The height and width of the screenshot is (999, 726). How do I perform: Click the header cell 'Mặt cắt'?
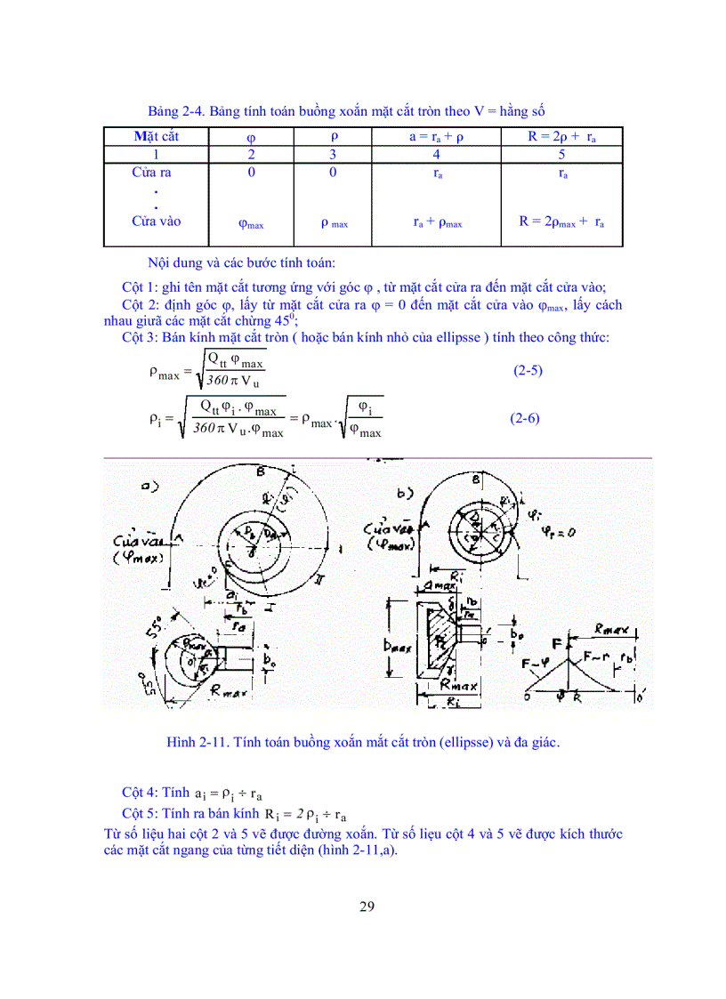pos(156,136)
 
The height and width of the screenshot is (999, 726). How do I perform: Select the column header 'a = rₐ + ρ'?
pos(436,136)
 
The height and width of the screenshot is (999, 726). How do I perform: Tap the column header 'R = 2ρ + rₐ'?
pos(561,136)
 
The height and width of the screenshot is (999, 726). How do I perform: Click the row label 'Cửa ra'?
pos(151,173)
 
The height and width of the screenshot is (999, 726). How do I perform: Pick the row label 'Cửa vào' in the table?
pos(156,221)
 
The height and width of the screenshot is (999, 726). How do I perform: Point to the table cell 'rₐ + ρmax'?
pos(437,222)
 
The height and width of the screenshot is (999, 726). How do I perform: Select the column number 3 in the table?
pos(333,154)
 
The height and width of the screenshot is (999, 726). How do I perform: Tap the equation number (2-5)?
pos(528,370)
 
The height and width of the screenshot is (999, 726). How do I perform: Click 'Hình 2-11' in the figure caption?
pos(197,742)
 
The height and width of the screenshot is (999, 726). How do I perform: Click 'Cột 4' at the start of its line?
pos(141,792)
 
